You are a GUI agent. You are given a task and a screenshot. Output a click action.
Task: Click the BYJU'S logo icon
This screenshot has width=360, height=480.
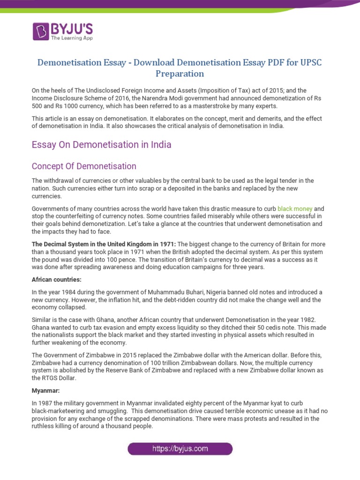pyautogui.click(x=41, y=31)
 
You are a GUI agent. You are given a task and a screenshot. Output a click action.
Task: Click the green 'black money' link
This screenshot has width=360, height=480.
pyautogui.click(x=294, y=208)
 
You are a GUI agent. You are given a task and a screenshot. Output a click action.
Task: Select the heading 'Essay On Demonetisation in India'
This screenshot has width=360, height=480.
pyautogui.click(x=101, y=145)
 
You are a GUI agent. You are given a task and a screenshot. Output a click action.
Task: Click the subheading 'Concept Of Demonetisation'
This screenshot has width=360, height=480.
pyautogui.click(x=84, y=166)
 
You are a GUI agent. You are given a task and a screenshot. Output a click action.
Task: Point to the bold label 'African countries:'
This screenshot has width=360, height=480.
pyautogui.click(x=56, y=279)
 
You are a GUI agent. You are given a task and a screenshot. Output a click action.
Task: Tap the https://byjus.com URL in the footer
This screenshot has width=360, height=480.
pyautogui.click(x=180, y=449)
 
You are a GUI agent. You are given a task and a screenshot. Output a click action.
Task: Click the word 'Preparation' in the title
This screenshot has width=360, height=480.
pyautogui.click(x=180, y=74)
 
